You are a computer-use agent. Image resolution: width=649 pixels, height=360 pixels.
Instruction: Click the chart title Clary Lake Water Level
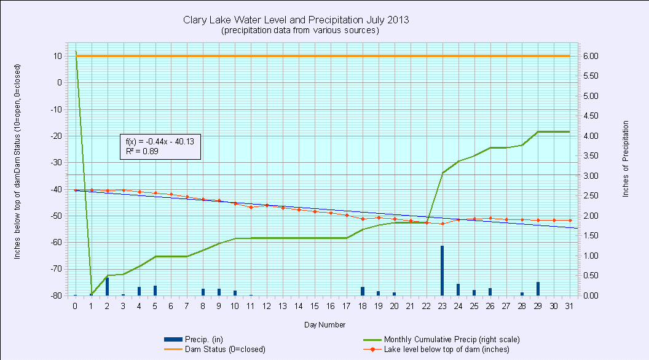point(296,20)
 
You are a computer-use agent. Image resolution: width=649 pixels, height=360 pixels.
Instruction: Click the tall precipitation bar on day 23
point(442,270)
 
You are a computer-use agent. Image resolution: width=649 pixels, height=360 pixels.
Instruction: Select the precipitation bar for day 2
point(107,286)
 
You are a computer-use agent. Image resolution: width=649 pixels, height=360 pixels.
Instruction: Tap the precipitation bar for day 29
point(538,289)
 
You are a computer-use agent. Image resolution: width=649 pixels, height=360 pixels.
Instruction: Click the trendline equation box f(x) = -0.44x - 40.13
point(159,146)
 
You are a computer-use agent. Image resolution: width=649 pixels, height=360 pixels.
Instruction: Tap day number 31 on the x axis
point(570,306)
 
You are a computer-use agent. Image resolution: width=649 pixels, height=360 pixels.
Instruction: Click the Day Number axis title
point(324,324)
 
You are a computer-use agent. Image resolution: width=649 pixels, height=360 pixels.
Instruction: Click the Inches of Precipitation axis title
point(626,158)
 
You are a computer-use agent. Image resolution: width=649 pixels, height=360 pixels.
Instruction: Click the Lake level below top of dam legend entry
point(446,349)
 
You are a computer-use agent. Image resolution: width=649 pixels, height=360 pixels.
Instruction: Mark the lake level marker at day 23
point(442,224)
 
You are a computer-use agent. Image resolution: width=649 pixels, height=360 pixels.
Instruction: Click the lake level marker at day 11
point(250,207)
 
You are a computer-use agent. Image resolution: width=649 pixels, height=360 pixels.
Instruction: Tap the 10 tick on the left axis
point(57,56)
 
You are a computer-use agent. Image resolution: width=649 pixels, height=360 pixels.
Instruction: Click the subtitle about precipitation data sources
point(299,30)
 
